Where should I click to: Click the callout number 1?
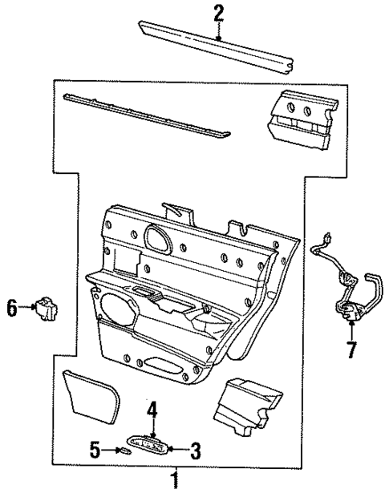173,480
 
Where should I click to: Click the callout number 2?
218,12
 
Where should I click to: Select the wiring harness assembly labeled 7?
346,289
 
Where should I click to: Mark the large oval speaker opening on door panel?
118,309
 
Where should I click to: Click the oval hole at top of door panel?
156,236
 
